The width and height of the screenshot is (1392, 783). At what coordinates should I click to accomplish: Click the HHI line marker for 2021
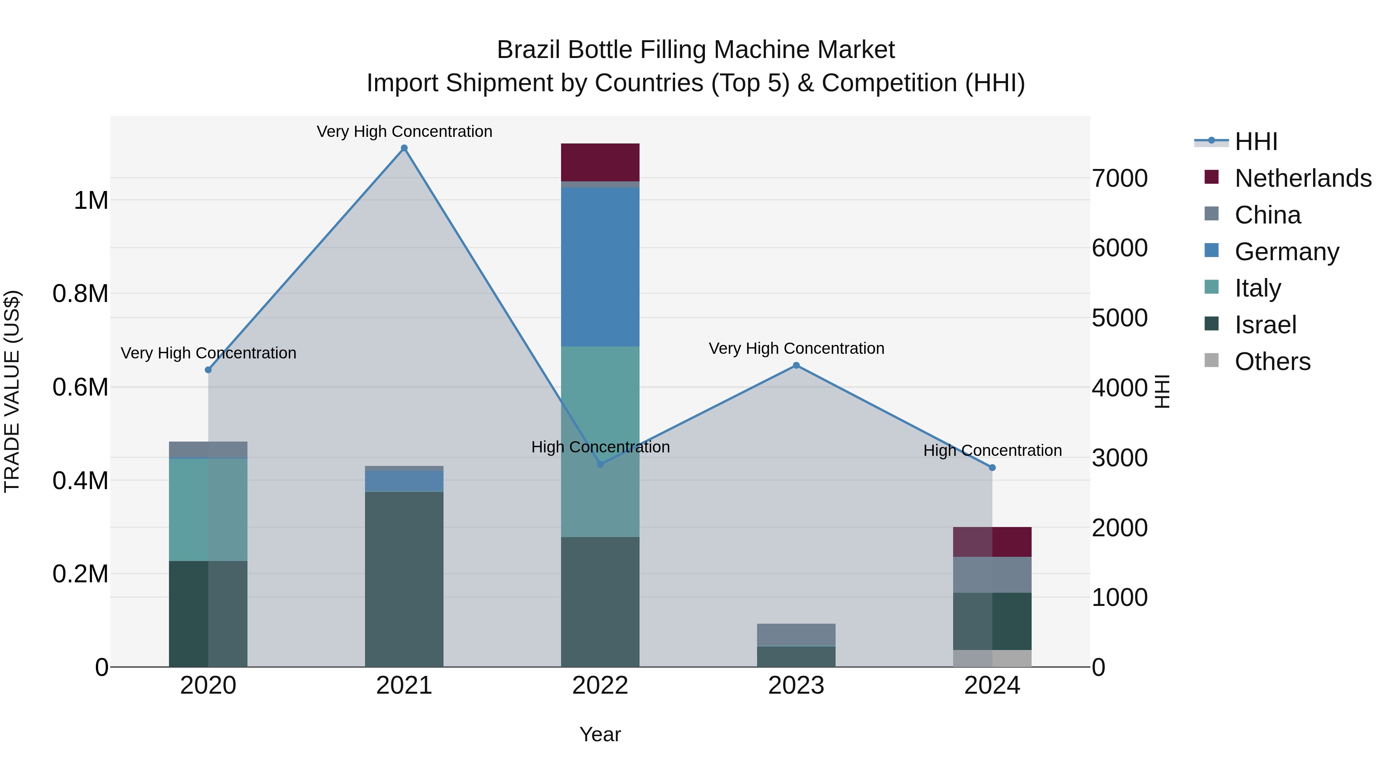pos(404,148)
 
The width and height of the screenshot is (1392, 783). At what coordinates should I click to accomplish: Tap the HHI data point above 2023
pos(796,365)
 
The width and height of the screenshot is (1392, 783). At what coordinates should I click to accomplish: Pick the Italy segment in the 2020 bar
pos(208,510)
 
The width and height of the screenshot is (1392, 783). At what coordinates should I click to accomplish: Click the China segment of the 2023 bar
pos(796,635)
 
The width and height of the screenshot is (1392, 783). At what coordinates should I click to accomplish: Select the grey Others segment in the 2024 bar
pos(992,658)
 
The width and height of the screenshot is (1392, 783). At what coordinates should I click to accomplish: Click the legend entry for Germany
pos(1286,252)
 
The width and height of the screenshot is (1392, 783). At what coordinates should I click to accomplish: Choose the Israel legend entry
pos(1265,325)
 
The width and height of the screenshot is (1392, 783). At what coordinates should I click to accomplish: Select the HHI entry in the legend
pos(1256,142)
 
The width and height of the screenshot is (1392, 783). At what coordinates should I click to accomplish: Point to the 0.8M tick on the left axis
pos(80,294)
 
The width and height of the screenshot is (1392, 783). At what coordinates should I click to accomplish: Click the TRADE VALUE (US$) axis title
pos(12,391)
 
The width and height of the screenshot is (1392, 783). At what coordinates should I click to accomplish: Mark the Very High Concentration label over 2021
pos(404,131)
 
